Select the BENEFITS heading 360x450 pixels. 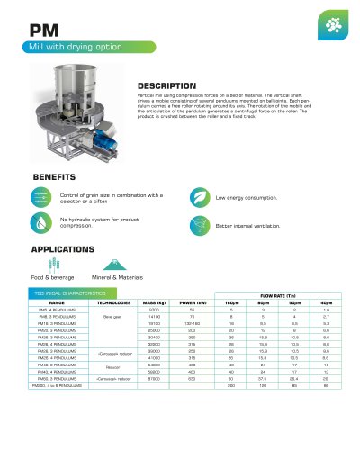point(58,177)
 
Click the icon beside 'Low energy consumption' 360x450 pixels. point(200,195)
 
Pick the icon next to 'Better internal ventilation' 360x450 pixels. point(200,221)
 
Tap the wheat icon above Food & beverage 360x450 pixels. point(43,265)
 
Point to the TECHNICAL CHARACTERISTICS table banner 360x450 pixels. point(67,294)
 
